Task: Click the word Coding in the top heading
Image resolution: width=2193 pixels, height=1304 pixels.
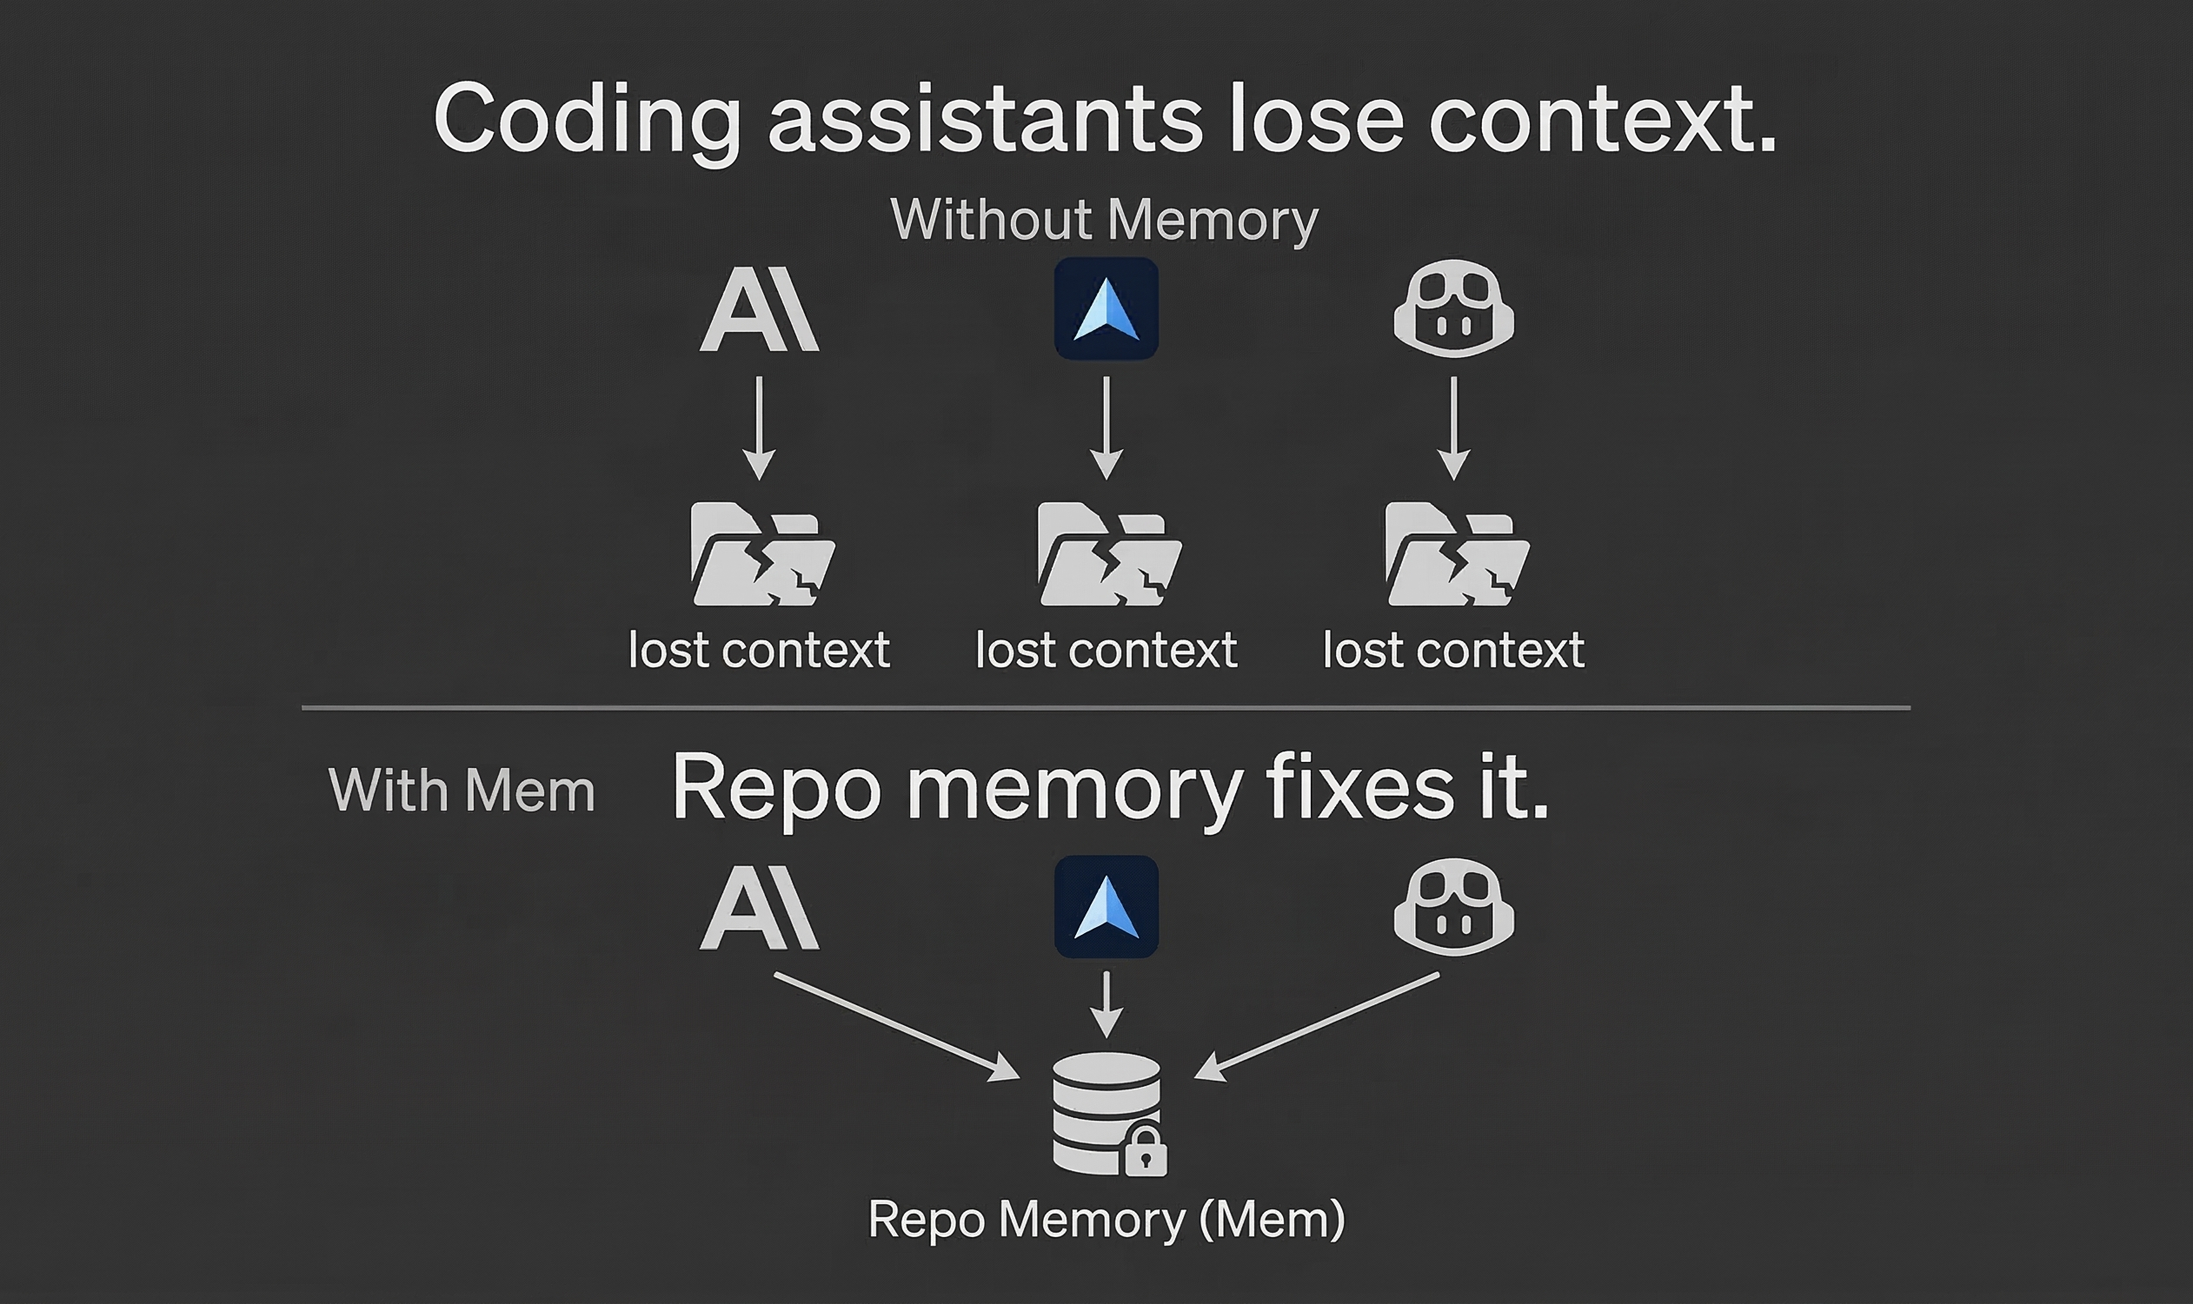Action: click(x=587, y=120)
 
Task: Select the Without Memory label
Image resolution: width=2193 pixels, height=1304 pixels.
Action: click(x=1104, y=220)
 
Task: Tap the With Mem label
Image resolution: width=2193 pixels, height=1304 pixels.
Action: click(x=462, y=790)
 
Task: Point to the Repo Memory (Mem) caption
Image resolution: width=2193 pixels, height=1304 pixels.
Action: click(x=1106, y=1220)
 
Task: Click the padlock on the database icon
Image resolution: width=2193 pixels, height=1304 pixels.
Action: click(x=1146, y=1152)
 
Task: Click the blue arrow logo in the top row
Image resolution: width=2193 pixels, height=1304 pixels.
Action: click(x=1106, y=308)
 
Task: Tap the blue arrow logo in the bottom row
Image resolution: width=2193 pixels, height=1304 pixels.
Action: click(x=1106, y=906)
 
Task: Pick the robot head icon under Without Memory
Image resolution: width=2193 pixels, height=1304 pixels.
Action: click(x=1454, y=308)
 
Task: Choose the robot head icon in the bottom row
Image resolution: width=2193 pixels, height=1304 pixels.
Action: click(x=1454, y=906)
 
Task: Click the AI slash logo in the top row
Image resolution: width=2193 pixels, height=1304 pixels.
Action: click(x=760, y=310)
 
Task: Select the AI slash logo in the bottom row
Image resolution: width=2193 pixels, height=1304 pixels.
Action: click(x=760, y=908)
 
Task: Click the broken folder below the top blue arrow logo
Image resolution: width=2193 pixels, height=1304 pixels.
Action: click(x=1108, y=554)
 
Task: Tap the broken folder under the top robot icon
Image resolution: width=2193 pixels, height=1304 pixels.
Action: click(x=1457, y=554)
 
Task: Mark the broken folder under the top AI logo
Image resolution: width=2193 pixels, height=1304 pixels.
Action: click(x=762, y=554)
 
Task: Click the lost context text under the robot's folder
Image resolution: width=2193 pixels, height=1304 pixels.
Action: click(x=1454, y=651)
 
